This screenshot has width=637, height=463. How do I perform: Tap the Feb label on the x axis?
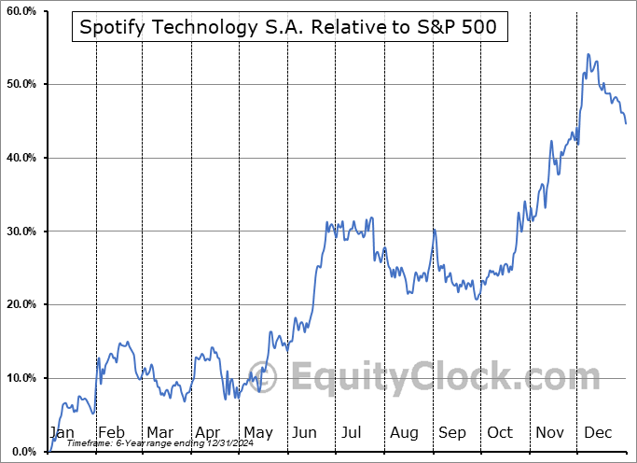point(111,432)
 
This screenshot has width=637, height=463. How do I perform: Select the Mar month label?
point(159,432)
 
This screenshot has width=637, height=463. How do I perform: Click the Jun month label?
point(305,432)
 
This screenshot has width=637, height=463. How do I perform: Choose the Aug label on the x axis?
point(405,432)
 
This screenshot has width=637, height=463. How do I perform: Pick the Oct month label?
point(500,432)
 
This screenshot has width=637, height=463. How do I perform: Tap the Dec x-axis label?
point(598,432)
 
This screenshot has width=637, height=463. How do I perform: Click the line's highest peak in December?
point(588,54)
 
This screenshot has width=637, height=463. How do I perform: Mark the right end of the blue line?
point(625,123)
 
